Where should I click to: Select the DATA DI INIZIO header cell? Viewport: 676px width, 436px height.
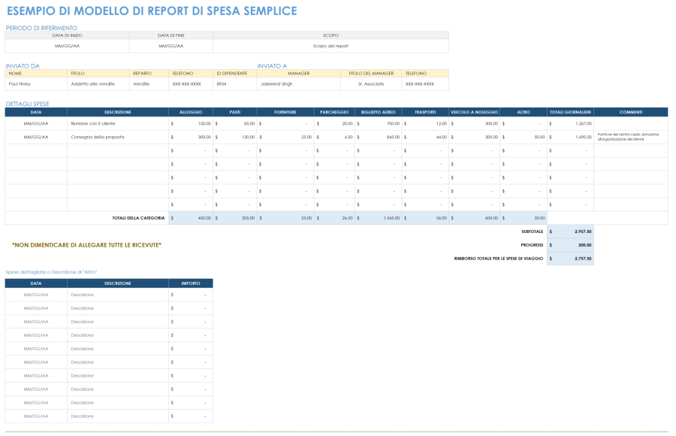67,35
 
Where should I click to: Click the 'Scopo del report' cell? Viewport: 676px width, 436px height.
330,46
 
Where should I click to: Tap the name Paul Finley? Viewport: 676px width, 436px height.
20,84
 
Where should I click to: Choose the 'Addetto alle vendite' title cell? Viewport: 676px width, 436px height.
92,84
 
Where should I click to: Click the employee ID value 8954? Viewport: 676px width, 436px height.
222,84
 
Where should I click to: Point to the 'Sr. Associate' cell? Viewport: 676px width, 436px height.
371,84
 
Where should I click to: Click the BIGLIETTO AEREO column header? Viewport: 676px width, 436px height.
378,112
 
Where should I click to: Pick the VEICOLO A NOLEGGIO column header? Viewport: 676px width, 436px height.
474,112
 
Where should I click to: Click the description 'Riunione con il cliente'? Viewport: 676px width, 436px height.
93,123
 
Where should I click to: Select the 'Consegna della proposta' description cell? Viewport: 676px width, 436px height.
98,137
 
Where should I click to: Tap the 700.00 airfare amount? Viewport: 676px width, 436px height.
393,123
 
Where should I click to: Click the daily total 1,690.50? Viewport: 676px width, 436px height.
584,137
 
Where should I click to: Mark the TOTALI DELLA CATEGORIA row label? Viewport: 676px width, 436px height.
138,218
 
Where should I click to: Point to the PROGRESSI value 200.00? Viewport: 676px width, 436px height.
584,245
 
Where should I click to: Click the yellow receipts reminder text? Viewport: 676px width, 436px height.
86,245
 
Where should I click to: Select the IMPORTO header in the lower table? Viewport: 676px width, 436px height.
190,283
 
